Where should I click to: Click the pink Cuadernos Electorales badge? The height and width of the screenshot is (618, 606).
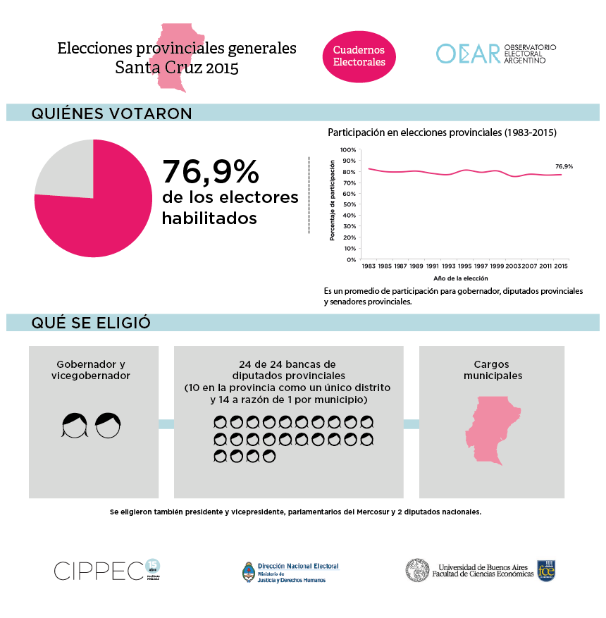coord(359,56)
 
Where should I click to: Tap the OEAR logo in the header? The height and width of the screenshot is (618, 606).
coord(467,54)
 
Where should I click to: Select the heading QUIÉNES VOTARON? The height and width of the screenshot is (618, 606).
coord(111,113)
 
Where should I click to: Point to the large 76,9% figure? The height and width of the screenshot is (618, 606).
coord(211,172)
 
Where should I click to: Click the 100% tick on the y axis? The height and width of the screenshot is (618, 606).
coord(348,150)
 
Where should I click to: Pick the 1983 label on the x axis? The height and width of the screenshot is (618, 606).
coord(368,266)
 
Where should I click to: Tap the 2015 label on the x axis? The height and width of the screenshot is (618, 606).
coord(561,266)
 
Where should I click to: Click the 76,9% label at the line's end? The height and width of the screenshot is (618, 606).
coord(564,166)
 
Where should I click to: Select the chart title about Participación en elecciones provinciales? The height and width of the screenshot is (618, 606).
coord(442,132)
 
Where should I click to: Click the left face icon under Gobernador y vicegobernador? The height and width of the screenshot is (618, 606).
coord(74,425)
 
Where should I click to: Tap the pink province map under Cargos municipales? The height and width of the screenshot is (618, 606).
coord(491,430)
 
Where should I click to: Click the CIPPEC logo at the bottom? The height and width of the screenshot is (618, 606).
coord(99,571)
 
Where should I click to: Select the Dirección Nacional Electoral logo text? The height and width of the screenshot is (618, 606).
coord(297,566)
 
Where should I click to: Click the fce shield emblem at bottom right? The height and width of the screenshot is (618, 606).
coord(546,570)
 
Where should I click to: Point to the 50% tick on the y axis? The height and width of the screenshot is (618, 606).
coord(350,205)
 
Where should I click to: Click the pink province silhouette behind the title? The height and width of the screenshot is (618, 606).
coord(178,56)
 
